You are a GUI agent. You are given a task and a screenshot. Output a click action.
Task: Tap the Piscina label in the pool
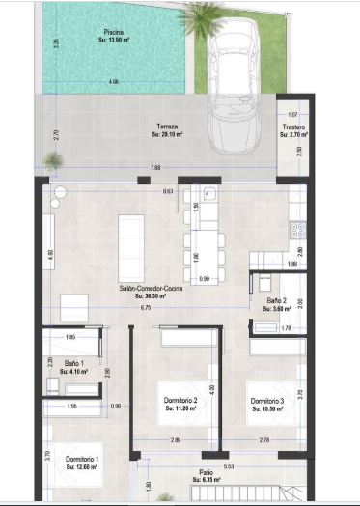[114, 32]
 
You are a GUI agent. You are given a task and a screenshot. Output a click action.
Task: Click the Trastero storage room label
[293, 127]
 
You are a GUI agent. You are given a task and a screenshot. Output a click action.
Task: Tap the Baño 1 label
[73, 363]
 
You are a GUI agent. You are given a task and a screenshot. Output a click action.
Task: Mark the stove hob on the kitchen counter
[298, 230]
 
